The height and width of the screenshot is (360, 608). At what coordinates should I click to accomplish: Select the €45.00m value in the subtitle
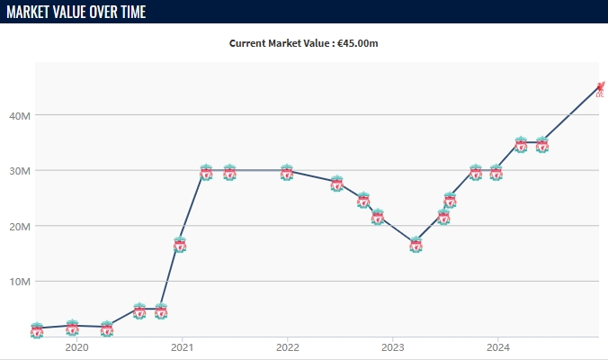coord(358,42)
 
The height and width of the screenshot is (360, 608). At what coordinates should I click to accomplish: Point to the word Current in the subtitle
coord(251,42)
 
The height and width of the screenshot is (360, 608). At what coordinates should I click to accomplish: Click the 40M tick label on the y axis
coord(21,115)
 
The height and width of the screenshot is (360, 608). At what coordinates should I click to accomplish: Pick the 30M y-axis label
coord(21,170)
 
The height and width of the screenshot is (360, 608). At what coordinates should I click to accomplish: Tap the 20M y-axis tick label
coord(21,226)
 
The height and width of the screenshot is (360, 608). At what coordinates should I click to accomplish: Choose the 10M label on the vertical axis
coord(21,281)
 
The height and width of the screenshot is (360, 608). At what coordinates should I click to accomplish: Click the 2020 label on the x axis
coord(77,346)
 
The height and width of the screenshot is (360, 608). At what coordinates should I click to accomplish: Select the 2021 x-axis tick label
coord(183,346)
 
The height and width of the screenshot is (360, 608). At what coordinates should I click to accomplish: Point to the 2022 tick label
coord(288,346)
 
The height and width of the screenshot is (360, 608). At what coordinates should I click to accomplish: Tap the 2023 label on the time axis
coord(393,346)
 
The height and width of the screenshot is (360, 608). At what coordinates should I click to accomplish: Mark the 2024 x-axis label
coord(498,346)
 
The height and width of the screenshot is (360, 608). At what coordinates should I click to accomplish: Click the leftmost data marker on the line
coord(37,330)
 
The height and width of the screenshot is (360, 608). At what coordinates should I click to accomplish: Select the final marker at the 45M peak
coord(600,87)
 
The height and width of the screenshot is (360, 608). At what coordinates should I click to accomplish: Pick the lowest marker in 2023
coord(416,245)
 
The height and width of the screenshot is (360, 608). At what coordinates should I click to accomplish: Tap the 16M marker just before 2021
coord(180,245)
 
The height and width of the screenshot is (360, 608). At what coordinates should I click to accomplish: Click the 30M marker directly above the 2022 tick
coord(287,172)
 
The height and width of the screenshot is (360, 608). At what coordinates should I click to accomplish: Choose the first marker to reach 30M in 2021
coord(206,172)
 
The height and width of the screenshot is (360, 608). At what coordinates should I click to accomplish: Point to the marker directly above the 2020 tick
coord(73,328)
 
